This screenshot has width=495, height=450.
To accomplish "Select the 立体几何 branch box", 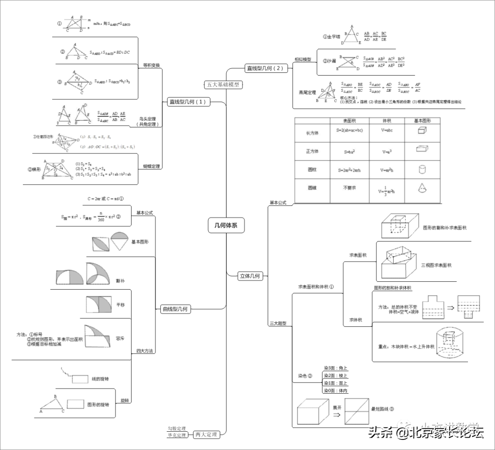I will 250,276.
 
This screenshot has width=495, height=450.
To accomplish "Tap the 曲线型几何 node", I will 176,309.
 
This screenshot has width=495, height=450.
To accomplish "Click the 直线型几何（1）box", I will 188,102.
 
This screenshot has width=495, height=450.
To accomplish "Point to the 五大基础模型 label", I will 223,84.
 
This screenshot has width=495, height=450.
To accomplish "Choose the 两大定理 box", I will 205,434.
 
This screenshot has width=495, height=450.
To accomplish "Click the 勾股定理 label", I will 176,428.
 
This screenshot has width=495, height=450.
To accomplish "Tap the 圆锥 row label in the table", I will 312,188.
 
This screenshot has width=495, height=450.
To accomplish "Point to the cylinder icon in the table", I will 423,169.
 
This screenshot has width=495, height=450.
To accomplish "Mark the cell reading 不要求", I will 350,188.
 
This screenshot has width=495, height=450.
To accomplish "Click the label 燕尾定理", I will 307,93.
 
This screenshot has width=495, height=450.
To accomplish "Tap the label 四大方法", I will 145,351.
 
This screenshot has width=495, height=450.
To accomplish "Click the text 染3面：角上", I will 335,368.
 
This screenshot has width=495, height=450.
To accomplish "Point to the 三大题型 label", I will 278,324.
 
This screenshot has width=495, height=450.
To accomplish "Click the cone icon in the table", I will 423,188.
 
